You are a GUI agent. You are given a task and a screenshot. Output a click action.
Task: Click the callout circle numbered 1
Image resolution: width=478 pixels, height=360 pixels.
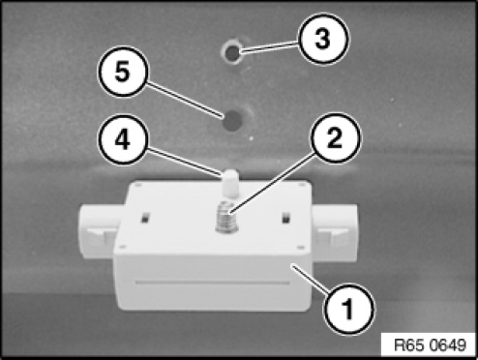[x=349, y=308]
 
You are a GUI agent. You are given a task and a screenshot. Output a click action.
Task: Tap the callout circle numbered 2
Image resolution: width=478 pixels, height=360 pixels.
[x=336, y=138]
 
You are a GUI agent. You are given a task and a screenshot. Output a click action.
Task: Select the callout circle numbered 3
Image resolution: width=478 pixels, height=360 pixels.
[x=324, y=39]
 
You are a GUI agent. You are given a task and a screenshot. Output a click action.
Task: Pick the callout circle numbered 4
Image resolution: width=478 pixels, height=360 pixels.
[x=123, y=139]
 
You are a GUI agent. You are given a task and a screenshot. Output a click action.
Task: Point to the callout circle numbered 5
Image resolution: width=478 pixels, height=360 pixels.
[x=123, y=72]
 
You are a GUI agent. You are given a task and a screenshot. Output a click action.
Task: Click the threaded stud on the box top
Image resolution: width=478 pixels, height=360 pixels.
[x=226, y=217]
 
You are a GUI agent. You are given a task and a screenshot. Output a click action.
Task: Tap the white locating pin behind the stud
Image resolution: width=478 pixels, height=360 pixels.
[x=230, y=183]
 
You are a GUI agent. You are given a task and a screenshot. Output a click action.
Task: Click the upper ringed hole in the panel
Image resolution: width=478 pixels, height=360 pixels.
[x=232, y=52]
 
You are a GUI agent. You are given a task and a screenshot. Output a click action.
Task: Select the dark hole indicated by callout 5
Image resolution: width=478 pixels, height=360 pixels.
[x=233, y=121]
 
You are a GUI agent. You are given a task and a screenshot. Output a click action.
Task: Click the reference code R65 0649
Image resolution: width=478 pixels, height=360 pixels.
[x=431, y=345]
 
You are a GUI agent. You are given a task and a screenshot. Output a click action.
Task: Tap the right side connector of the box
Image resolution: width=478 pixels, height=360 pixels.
[x=334, y=233]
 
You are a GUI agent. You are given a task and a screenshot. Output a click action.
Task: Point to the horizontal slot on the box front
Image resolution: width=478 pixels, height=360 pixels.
[x=212, y=283]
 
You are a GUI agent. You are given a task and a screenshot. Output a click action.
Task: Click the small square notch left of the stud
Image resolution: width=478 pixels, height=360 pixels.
[x=145, y=218]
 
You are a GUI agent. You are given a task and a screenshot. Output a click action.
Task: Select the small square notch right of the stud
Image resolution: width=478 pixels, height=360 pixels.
[x=285, y=218]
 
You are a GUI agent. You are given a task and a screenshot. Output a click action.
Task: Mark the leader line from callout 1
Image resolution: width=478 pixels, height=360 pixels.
[x=311, y=278]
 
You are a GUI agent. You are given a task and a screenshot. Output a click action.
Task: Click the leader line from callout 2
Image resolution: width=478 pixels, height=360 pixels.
[x=272, y=183]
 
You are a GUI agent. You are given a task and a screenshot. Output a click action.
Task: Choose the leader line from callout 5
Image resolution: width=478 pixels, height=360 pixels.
[x=185, y=100]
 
